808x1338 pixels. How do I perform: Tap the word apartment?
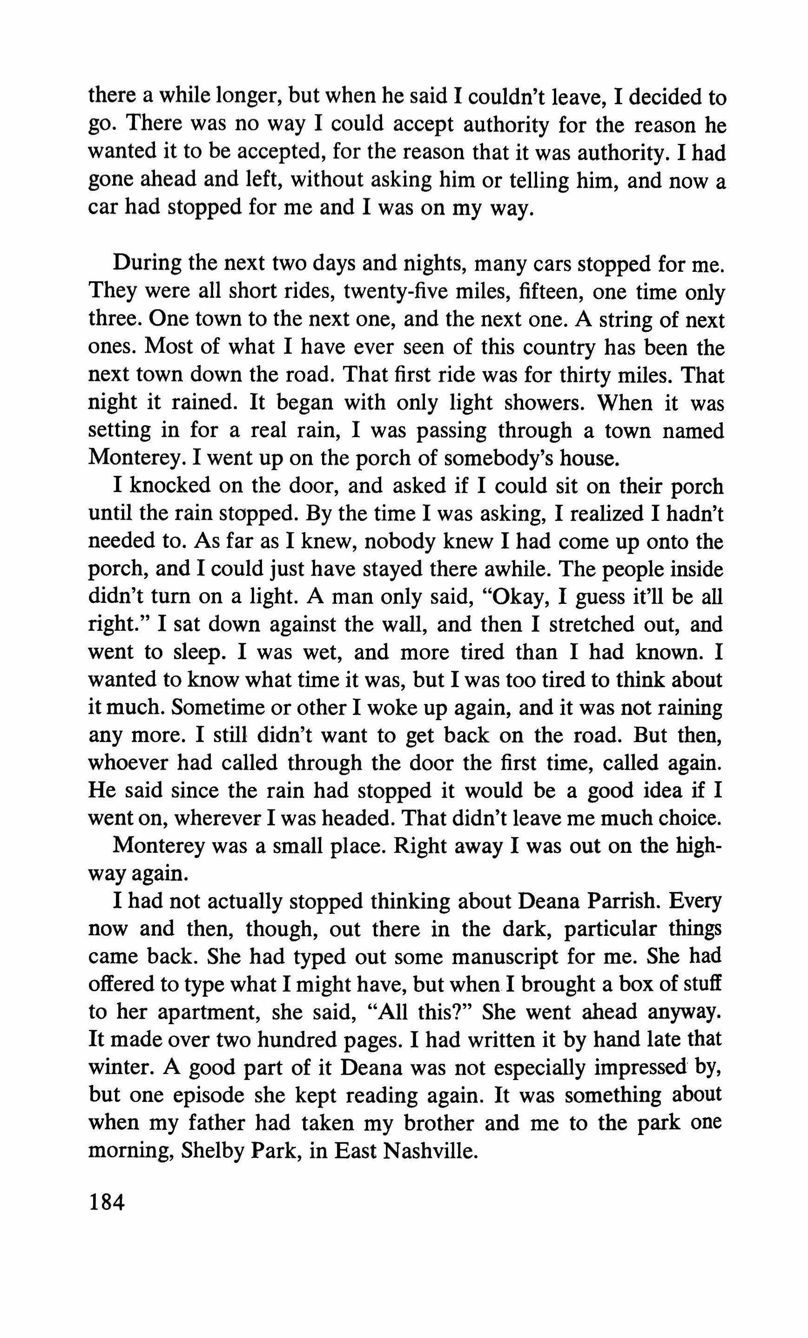point(209,1012)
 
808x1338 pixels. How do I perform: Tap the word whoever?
point(128,763)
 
